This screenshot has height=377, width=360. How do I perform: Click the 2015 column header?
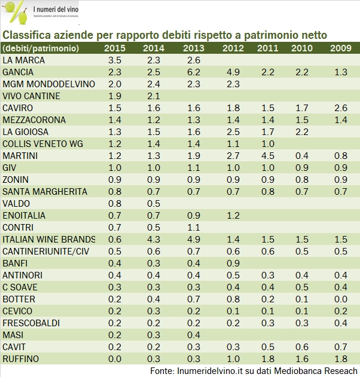pos(114,48)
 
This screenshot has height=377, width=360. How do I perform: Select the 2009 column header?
pos(340,48)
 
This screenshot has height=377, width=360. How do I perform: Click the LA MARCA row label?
pos(24,60)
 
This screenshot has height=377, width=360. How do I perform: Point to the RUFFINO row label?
pos(21,359)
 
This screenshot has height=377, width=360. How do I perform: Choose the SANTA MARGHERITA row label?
pos(45,192)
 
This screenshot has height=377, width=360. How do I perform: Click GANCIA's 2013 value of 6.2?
pos(193,72)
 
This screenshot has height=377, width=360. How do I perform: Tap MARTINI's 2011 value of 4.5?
pos(268,156)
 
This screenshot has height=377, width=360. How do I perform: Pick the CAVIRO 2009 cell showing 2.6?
pos(340,108)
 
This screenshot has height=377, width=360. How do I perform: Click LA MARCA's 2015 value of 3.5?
pos(114,60)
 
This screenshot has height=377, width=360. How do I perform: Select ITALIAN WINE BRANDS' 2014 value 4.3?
pos(154,240)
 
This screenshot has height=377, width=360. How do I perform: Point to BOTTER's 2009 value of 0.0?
pos(340,299)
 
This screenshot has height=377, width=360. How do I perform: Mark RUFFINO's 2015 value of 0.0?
pos(114,359)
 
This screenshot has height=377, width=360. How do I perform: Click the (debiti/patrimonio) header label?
pos(38,48)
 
